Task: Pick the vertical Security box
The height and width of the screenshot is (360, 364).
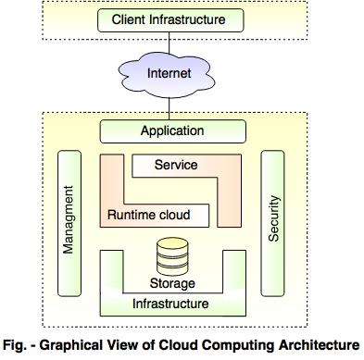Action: coord(273,223)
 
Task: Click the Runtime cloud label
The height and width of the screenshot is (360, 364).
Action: coord(148,216)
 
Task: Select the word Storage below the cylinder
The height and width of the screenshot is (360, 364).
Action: coord(173,281)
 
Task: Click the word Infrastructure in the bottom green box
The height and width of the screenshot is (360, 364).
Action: coord(173,303)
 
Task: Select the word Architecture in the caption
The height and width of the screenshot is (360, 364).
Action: coord(317,345)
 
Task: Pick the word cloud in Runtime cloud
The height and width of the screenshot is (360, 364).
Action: coord(173,216)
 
